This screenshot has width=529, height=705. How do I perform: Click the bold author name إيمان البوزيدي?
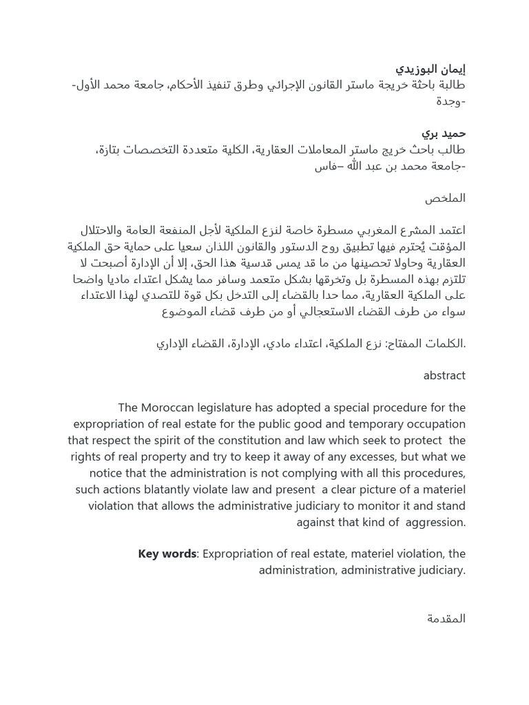coord(431,69)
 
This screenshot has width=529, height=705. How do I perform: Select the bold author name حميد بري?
coord(444,133)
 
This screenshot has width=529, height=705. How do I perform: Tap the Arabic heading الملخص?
coord(445,198)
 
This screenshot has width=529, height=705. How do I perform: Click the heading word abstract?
coord(444,376)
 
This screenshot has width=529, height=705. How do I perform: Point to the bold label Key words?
coord(167,554)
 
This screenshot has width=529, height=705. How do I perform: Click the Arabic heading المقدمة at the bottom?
coord(446,619)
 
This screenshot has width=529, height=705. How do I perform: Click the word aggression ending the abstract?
coord(434,523)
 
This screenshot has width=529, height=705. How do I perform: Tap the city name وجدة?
coord(450,101)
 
